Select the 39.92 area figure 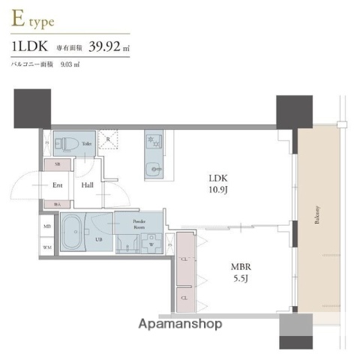[106, 48]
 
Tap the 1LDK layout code [30, 48]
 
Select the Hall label [88, 184]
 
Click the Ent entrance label [56, 184]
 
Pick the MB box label [47, 226]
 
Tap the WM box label [47, 246]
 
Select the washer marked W [152, 243]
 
